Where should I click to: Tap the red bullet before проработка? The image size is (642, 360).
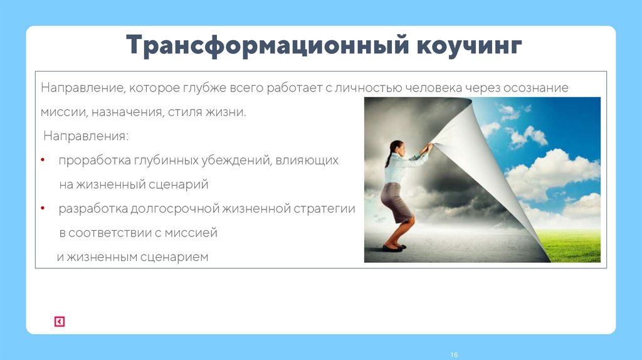coord(43,161)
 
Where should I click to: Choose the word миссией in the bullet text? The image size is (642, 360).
coord(191,233)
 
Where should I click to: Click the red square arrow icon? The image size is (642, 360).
coord(60,322)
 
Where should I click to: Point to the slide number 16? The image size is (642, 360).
coord(454,355)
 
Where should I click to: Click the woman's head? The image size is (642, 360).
coord(396,149)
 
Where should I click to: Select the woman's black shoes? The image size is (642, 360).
coord(392,248)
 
